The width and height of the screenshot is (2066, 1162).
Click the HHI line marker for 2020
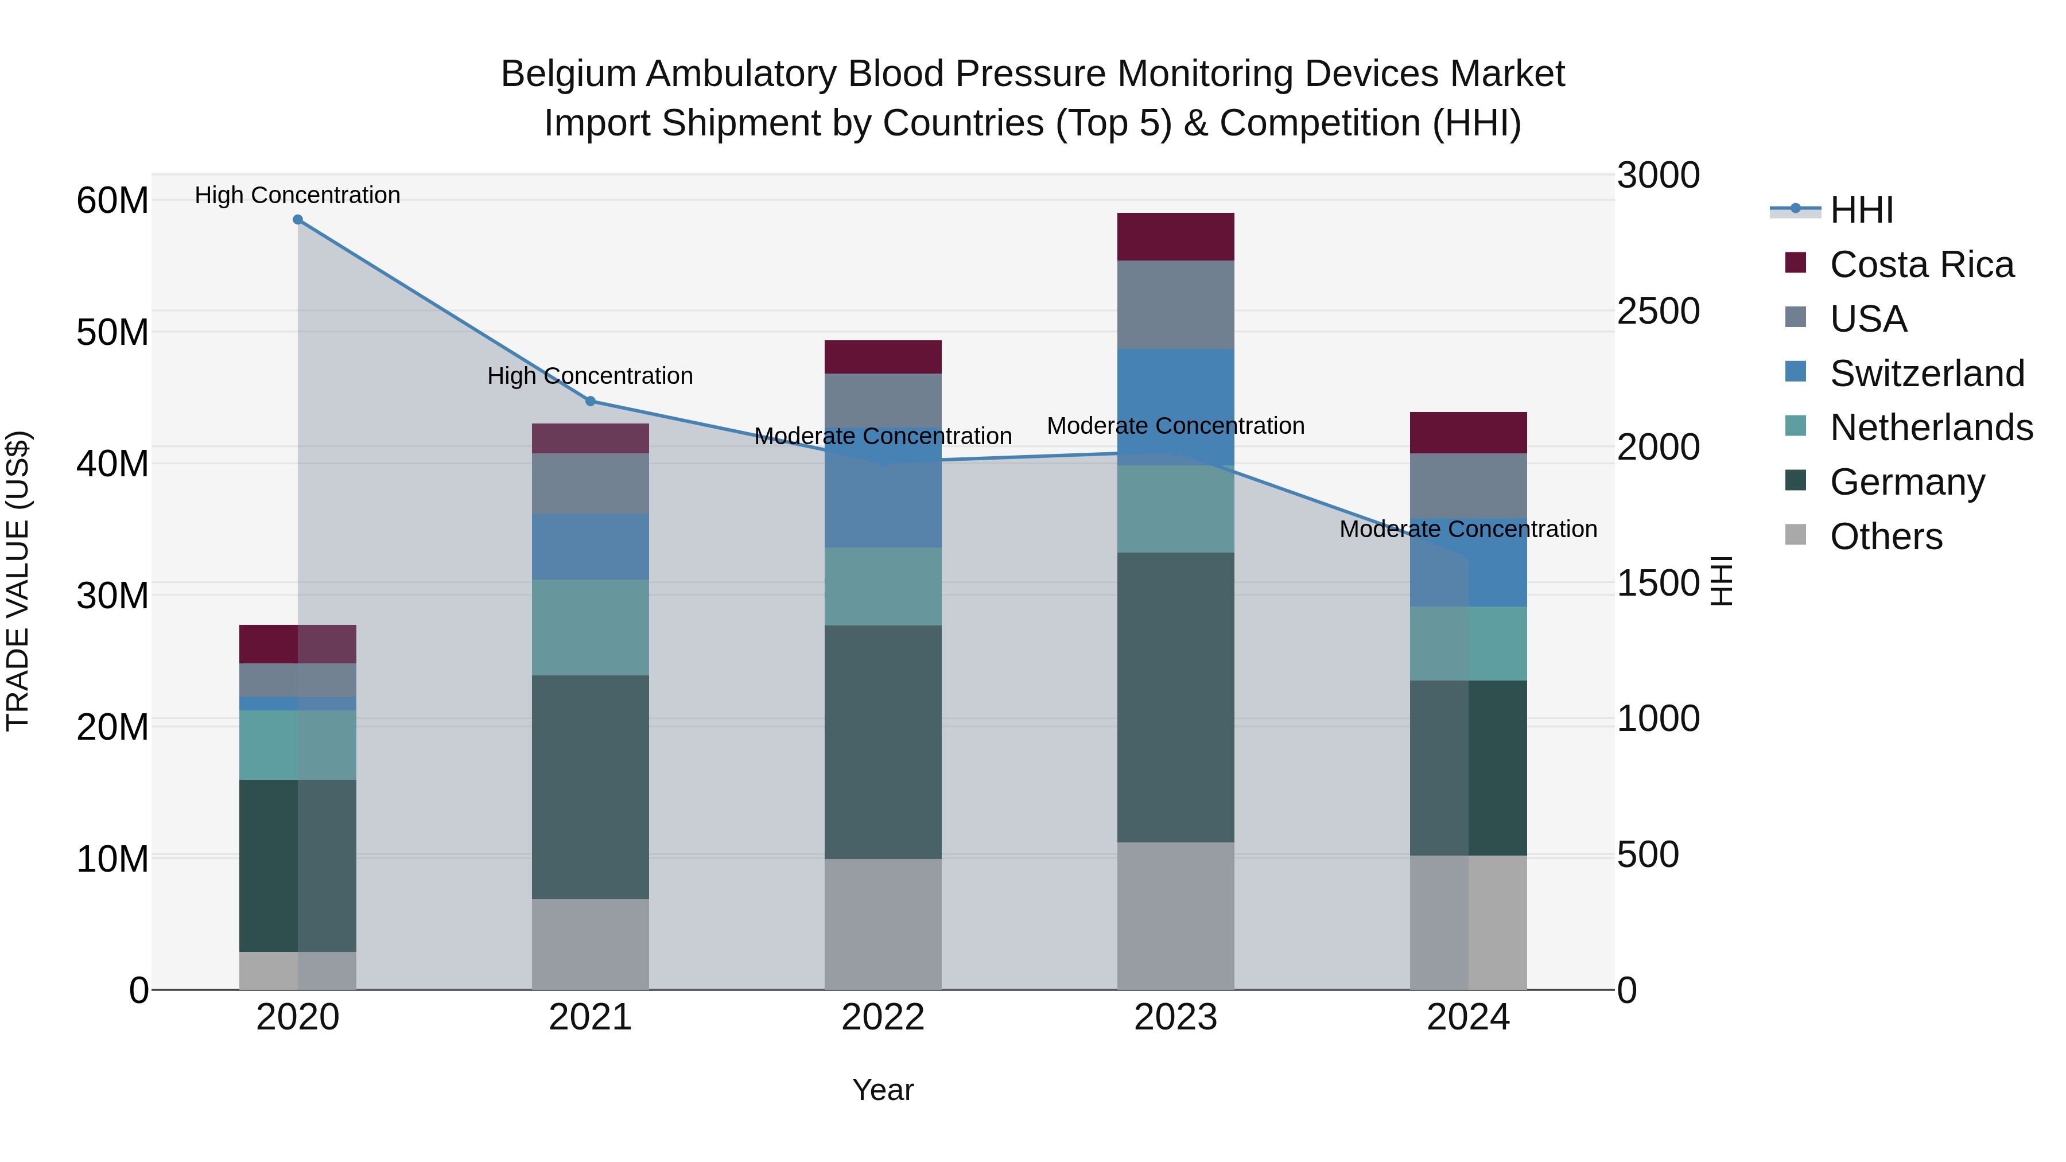[x=297, y=220]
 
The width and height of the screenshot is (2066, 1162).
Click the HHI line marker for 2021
[x=591, y=401]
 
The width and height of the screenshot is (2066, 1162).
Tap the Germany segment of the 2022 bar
[x=883, y=742]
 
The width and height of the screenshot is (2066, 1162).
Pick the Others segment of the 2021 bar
[x=591, y=944]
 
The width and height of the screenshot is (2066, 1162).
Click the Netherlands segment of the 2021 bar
[x=591, y=627]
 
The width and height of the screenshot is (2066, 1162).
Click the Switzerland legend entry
[x=1927, y=374]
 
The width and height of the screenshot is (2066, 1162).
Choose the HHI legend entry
[x=1861, y=210]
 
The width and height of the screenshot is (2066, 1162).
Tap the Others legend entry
[x=1886, y=537]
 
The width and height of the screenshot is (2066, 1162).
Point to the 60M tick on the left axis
[x=112, y=200]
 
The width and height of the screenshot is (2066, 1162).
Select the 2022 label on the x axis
[x=883, y=1017]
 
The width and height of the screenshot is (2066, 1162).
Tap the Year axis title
[x=883, y=1090]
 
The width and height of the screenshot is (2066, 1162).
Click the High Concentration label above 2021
[x=591, y=376]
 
